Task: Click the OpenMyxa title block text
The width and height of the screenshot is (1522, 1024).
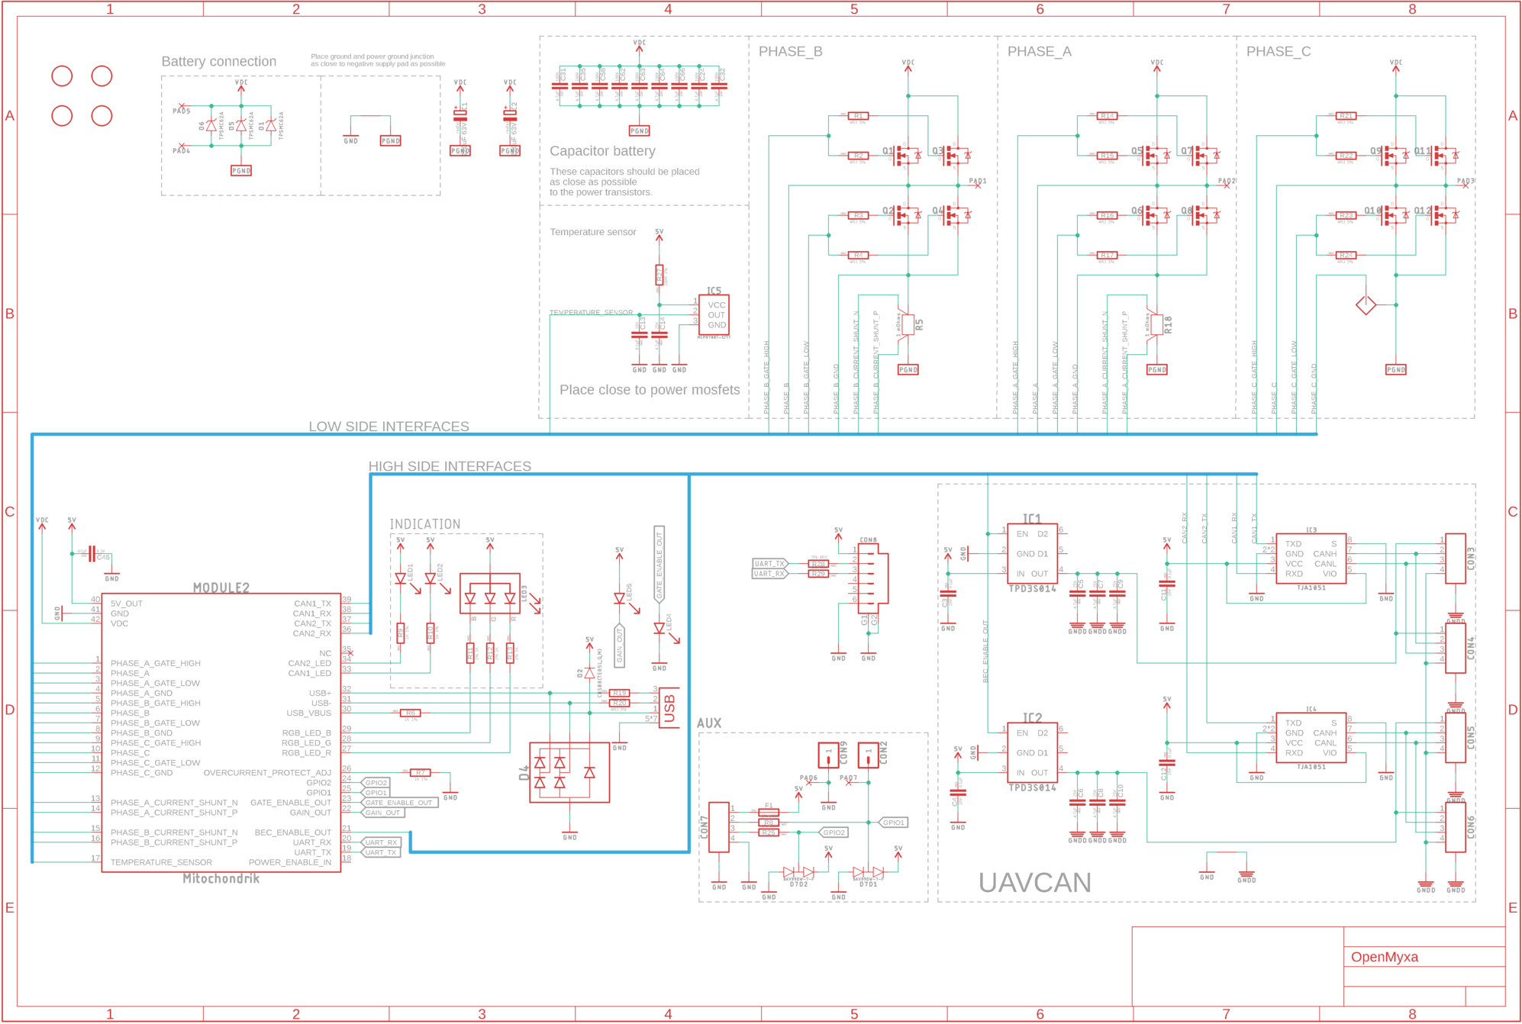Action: [1384, 957]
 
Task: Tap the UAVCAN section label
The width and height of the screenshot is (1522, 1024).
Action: [1034, 883]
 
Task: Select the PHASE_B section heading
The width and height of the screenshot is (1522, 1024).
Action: [790, 51]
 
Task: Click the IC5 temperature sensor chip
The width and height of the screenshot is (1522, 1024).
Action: [714, 314]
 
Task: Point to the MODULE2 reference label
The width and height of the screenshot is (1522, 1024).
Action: [221, 588]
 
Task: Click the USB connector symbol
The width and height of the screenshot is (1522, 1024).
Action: [669, 708]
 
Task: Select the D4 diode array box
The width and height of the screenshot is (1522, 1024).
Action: [569, 772]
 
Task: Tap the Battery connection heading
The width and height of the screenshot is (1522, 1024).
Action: [218, 61]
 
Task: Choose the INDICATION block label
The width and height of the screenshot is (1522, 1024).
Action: [425, 524]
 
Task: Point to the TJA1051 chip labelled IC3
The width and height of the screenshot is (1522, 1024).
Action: [1311, 559]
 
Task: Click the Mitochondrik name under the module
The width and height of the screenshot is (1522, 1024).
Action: [221, 878]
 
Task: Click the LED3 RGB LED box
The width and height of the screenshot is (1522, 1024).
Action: [490, 594]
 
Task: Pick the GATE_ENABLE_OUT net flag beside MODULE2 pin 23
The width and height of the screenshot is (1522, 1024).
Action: [398, 803]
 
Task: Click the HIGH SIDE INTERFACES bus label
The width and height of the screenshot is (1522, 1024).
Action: [450, 466]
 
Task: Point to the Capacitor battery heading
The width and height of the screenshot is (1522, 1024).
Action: [602, 151]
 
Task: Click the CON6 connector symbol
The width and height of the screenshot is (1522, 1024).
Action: [1455, 828]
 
